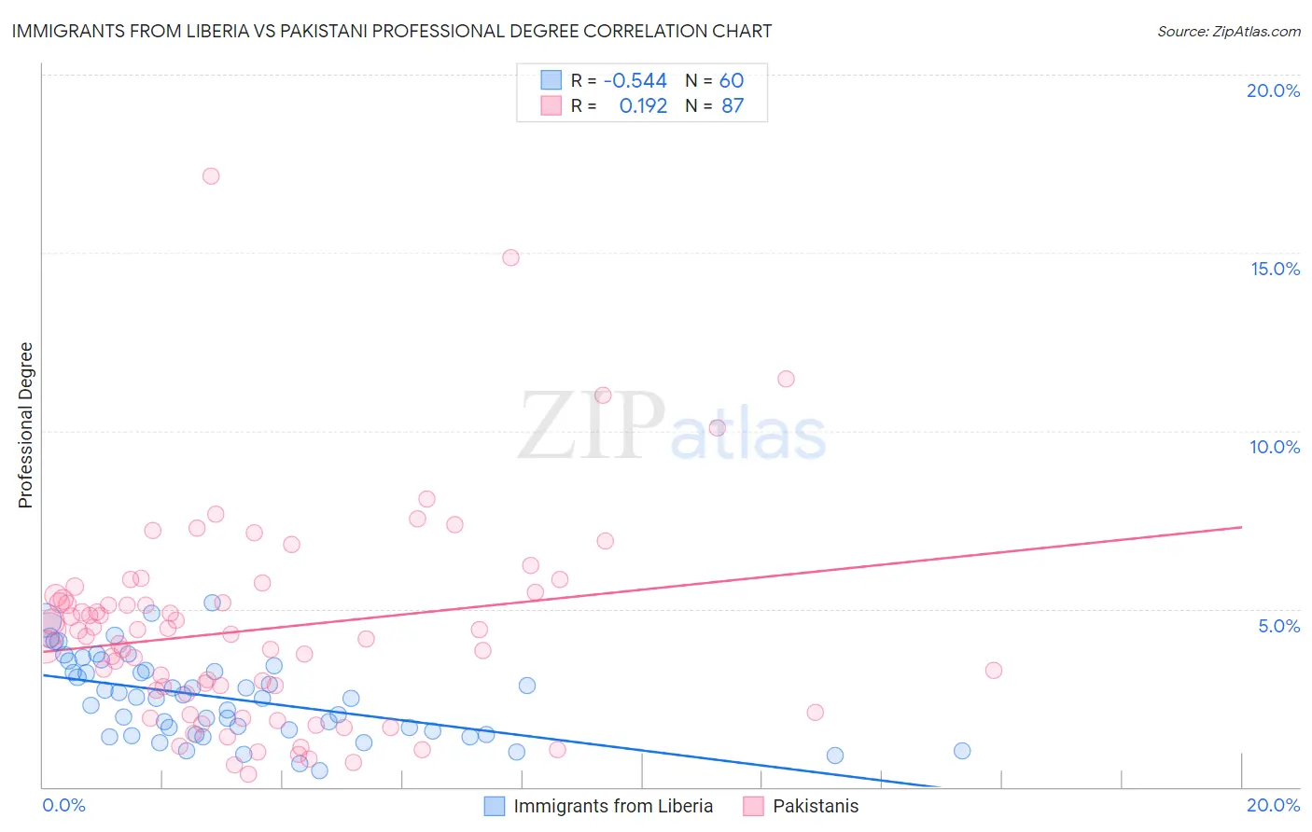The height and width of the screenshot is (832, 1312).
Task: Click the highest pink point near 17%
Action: [211, 175]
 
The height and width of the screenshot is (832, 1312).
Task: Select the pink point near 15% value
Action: [510, 257]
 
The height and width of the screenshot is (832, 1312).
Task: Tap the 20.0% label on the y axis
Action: [1273, 90]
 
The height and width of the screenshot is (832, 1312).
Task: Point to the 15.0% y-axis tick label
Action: [1275, 269]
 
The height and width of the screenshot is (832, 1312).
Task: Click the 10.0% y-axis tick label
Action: [1275, 447]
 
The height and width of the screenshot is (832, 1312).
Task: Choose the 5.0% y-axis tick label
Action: [1278, 626]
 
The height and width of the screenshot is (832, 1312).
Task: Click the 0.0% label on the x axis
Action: [63, 805]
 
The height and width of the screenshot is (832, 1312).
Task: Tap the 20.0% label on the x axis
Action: [1273, 805]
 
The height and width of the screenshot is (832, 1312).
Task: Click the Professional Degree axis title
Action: [25, 425]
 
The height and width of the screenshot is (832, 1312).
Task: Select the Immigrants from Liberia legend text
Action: [613, 806]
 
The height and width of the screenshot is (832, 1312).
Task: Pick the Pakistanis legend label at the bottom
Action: [816, 806]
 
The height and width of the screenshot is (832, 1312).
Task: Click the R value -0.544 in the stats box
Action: [635, 81]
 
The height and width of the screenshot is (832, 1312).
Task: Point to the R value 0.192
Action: [643, 106]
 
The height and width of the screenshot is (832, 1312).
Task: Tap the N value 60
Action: [732, 81]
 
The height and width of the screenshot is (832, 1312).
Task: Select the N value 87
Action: [733, 106]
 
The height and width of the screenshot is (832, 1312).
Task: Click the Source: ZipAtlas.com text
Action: [1228, 32]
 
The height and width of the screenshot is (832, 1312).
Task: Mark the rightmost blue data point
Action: [962, 751]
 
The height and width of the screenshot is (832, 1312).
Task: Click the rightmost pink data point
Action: [994, 671]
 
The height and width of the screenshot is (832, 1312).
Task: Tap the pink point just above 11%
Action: [786, 379]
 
